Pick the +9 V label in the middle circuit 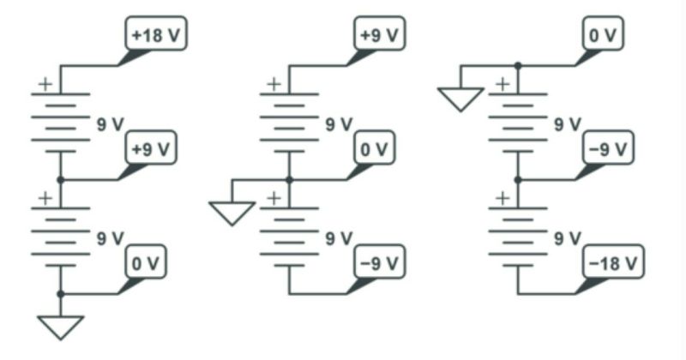378,35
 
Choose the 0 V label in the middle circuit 375,148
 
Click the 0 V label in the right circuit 603,35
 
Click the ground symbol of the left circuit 60,327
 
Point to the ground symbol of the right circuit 460,99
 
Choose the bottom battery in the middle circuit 289,236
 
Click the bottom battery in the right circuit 517,236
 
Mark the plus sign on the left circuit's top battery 44,84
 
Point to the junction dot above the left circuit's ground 60,293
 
